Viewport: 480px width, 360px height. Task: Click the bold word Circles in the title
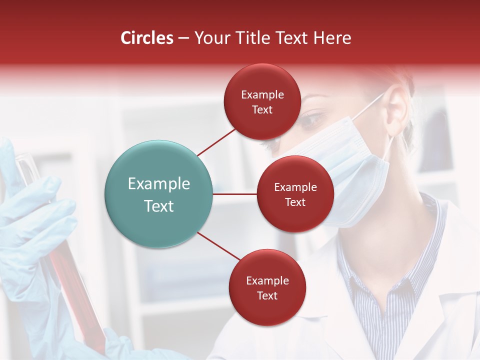tap(147, 38)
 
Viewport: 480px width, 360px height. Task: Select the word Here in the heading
tap(332, 38)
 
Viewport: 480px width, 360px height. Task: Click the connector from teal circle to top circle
tap(217, 141)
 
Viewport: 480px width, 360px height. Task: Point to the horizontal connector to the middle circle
tap(234, 194)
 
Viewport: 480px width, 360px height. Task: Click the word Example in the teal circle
tap(159, 184)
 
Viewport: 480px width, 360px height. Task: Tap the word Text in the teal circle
tap(159, 206)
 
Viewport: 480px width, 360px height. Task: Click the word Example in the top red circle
tap(262, 95)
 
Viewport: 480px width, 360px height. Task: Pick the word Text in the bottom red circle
tap(267, 295)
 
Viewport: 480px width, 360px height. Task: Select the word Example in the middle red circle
tap(295, 187)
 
